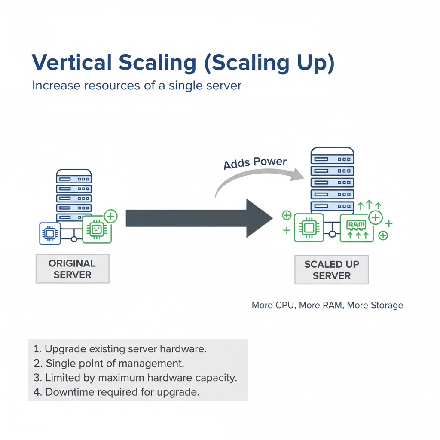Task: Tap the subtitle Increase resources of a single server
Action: click(x=137, y=85)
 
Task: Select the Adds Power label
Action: click(x=255, y=163)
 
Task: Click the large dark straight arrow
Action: click(x=198, y=218)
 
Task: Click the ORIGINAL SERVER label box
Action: click(x=72, y=269)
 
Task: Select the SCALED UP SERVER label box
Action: click(x=331, y=270)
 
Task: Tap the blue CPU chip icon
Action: click(x=50, y=233)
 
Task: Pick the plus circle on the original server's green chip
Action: click(x=111, y=216)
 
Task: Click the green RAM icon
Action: click(x=356, y=228)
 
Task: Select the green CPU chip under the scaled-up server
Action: click(x=308, y=227)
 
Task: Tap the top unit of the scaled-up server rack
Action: click(x=332, y=159)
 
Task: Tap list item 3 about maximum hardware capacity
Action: click(x=135, y=378)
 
